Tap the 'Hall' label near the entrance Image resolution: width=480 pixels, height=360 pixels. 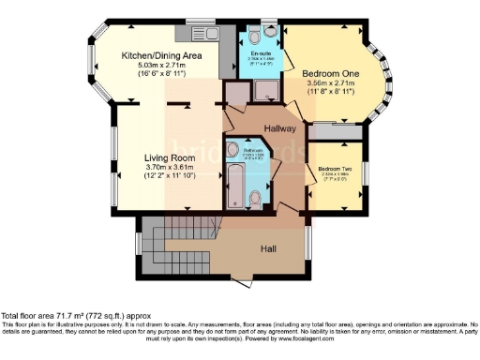coord(266,249)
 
